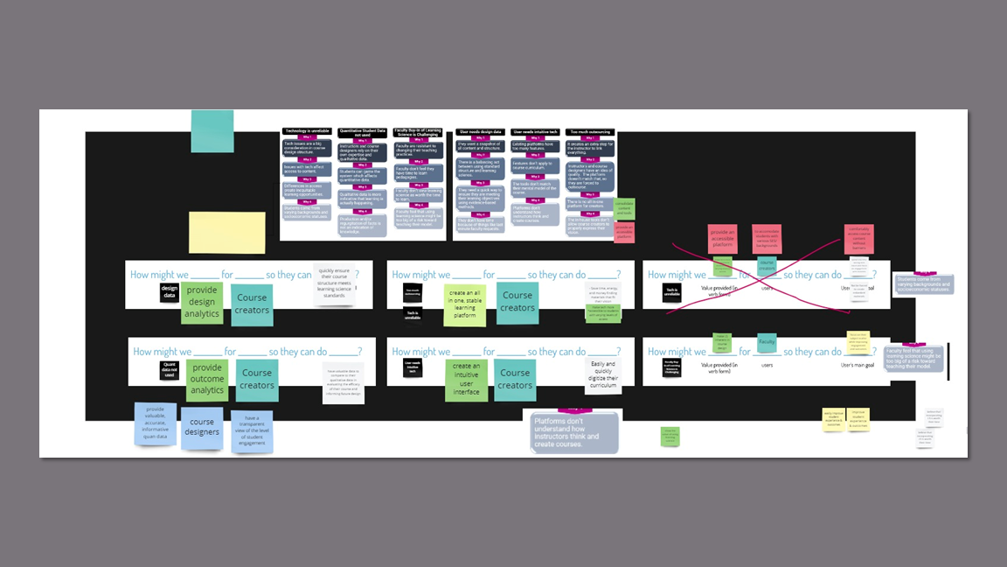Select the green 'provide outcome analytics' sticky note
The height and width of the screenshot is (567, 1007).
(207, 381)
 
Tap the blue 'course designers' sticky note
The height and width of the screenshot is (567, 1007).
(202, 427)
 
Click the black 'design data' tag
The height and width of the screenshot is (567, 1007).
(170, 292)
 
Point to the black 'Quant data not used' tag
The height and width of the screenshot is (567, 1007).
(170, 370)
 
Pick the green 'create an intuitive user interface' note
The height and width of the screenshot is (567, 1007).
(466, 380)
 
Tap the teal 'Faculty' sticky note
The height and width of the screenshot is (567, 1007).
(767, 342)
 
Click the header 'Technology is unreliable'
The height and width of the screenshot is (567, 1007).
(307, 131)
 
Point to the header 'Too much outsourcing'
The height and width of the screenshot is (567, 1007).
(590, 131)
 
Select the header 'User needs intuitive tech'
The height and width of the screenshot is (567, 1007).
(535, 131)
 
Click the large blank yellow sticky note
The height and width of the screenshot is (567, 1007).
(227, 232)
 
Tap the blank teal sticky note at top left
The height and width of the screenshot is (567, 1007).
(212, 131)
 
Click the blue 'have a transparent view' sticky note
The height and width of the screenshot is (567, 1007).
(252, 430)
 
